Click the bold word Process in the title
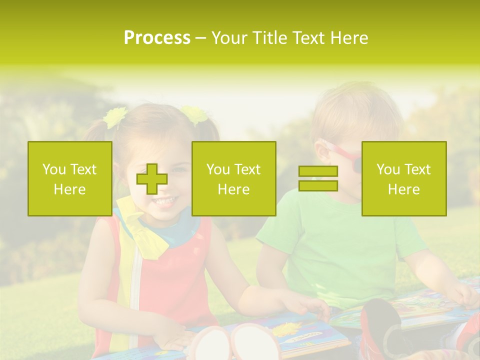coord(157,38)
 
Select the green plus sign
coord(152,179)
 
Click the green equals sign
coord(318,179)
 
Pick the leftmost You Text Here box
coord(69,179)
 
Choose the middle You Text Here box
coord(233,179)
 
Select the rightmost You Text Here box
coord(403,179)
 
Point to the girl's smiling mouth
coord(164,200)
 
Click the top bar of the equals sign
coord(318,171)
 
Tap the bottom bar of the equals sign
coord(318,186)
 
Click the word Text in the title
coord(307,38)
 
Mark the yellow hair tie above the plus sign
coord(115,117)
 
